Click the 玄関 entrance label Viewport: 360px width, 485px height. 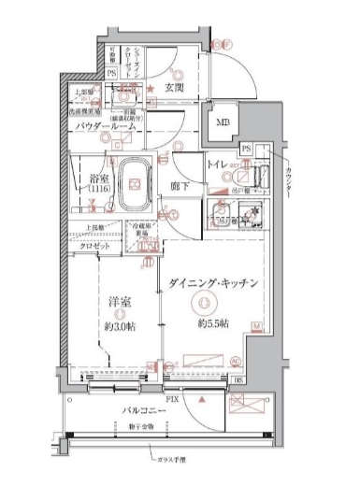pos(174,89)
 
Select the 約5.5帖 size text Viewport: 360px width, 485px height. pos(211,323)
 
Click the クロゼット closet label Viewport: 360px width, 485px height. pos(94,246)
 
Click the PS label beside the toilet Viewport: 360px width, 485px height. pos(245,149)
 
